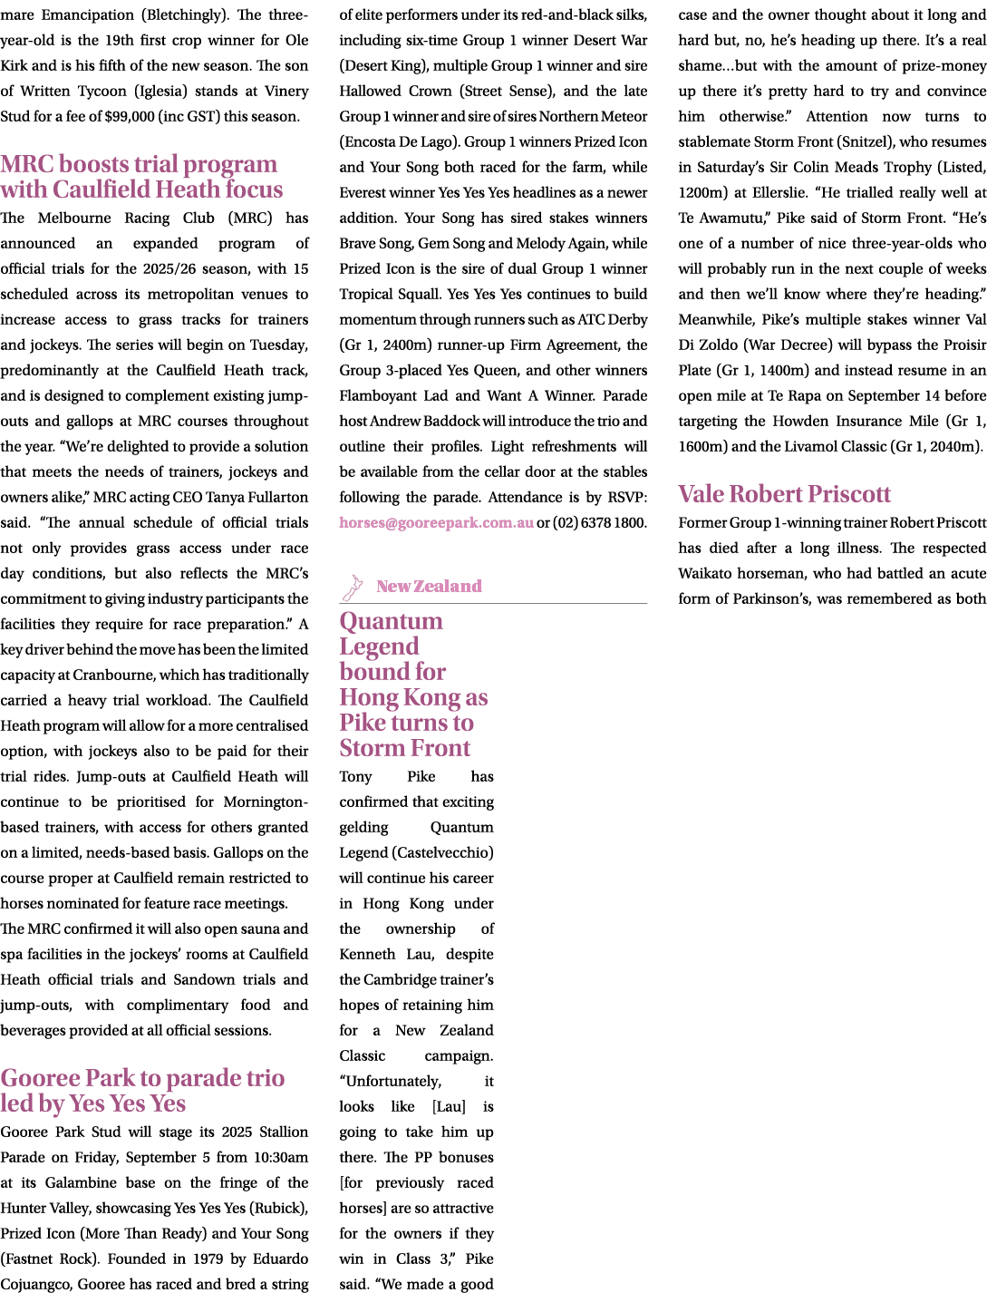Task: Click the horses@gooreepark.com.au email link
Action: (x=436, y=522)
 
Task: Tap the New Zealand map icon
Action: (x=353, y=588)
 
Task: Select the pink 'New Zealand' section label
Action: (x=429, y=586)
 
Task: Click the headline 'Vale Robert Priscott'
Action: (x=784, y=493)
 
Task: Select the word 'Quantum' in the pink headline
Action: (x=391, y=621)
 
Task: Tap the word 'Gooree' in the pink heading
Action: (x=41, y=1078)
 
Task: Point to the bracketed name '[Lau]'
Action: (x=449, y=1106)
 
